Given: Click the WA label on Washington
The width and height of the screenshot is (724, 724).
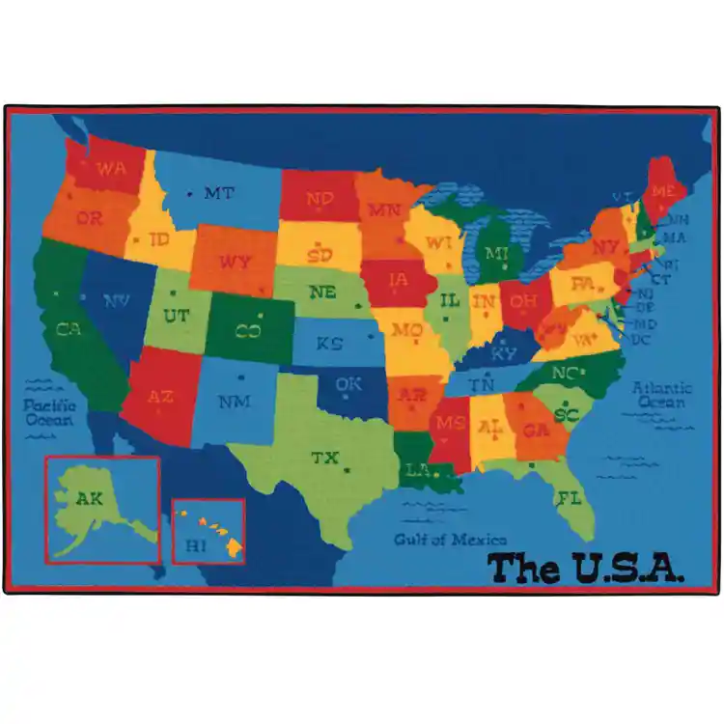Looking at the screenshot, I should coord(111,168).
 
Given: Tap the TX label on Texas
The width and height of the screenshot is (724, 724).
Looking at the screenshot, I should coord(324,458).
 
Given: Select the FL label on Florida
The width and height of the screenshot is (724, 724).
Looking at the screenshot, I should coord(569,498).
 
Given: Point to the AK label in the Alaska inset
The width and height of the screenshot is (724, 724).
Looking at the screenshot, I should coord(89,498).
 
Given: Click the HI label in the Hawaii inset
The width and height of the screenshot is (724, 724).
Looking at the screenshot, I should coord(196,546).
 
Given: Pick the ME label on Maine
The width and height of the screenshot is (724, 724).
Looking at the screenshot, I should coord(663,191).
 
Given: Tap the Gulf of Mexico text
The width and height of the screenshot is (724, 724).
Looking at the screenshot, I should coord(450,540).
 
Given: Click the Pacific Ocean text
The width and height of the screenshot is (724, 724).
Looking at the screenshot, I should coord(49,412).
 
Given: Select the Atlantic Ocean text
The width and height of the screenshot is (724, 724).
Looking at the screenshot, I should coord(662,394).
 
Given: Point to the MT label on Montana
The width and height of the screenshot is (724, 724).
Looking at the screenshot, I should coord(218,193).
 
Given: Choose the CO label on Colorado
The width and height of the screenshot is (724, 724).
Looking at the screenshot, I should coord(248,331).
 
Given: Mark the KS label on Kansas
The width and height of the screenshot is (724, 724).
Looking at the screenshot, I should coord(331,344).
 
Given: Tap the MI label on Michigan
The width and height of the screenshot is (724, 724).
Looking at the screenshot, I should coord(496,253).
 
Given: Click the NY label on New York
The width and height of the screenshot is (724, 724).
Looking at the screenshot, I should coord(604,247).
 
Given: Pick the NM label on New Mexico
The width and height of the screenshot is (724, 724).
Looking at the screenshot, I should coord(234,401).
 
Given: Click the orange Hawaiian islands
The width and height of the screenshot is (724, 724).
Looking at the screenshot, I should coord(224,537).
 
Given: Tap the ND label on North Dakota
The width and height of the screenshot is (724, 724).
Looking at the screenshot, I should coord(320,200).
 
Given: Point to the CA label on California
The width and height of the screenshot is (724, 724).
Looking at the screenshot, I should coord(68,328).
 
